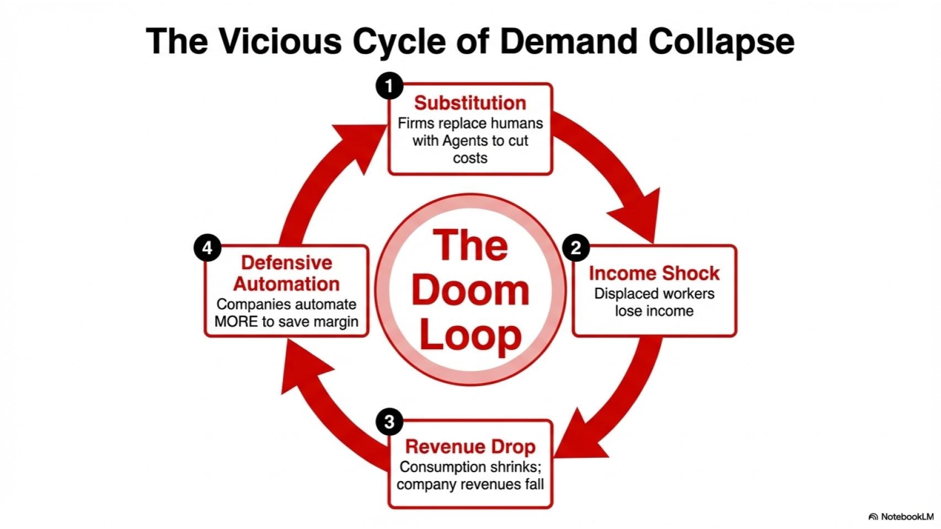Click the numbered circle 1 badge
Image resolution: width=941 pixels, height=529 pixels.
[389, 86]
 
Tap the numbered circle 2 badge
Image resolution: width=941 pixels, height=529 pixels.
[576, 248]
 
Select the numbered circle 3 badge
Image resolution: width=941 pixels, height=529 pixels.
[389, 422]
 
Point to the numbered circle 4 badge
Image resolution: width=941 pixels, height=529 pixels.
[207, 248]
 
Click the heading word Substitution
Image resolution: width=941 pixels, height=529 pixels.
[470, 103]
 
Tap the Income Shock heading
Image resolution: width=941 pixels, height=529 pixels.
[654, 273]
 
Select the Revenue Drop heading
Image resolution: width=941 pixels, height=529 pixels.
[470, 446]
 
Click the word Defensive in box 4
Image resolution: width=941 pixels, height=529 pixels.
[286, 263]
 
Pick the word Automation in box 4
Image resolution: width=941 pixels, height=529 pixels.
[286, 284]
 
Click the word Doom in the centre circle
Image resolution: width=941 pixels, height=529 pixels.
[470, 291]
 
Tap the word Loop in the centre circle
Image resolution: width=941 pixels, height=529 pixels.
[470, 335]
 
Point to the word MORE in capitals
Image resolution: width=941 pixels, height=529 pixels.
[236, 322]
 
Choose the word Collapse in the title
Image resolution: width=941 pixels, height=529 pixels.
[721, 41]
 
